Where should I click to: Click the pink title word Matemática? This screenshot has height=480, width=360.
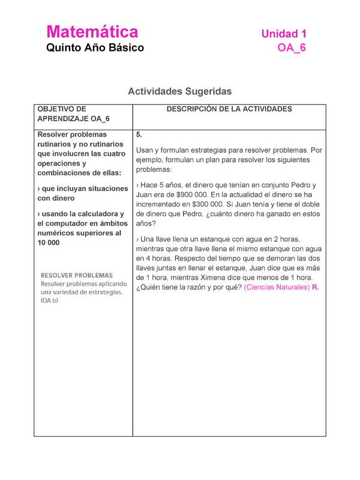point(92,32)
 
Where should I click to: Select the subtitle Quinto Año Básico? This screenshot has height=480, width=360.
point(95,48)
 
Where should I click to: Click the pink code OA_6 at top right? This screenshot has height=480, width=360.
point(292,49)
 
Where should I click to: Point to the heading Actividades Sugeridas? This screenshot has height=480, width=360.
point(179,91)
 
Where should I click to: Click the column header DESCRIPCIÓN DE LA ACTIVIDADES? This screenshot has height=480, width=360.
point(221,109)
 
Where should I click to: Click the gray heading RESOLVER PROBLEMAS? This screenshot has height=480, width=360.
point(76,275)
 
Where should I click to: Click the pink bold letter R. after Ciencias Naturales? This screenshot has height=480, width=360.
point(316,287)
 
